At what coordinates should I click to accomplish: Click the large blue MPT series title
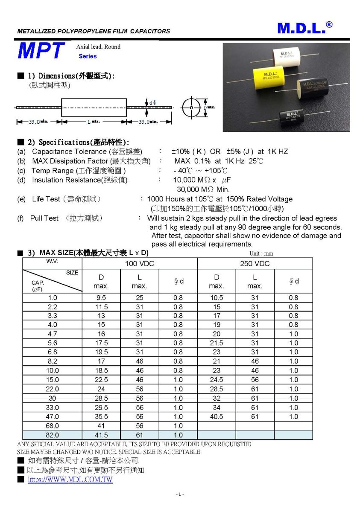41,51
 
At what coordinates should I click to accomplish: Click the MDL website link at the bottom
70,480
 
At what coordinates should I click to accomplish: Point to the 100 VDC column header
139,264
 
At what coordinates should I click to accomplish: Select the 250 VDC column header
255,264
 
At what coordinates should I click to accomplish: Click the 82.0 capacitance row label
52,435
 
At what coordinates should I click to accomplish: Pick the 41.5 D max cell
101,435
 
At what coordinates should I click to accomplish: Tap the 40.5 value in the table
217,416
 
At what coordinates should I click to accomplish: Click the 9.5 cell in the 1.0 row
101,298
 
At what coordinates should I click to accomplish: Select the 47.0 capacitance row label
52,416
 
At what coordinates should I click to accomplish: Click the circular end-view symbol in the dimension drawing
191,108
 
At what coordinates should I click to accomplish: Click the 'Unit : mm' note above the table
261,253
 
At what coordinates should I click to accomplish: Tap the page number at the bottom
180,494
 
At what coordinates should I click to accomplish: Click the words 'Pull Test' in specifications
44,218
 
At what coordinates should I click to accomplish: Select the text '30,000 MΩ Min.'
203,189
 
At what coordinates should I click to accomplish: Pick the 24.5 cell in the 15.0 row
217,380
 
